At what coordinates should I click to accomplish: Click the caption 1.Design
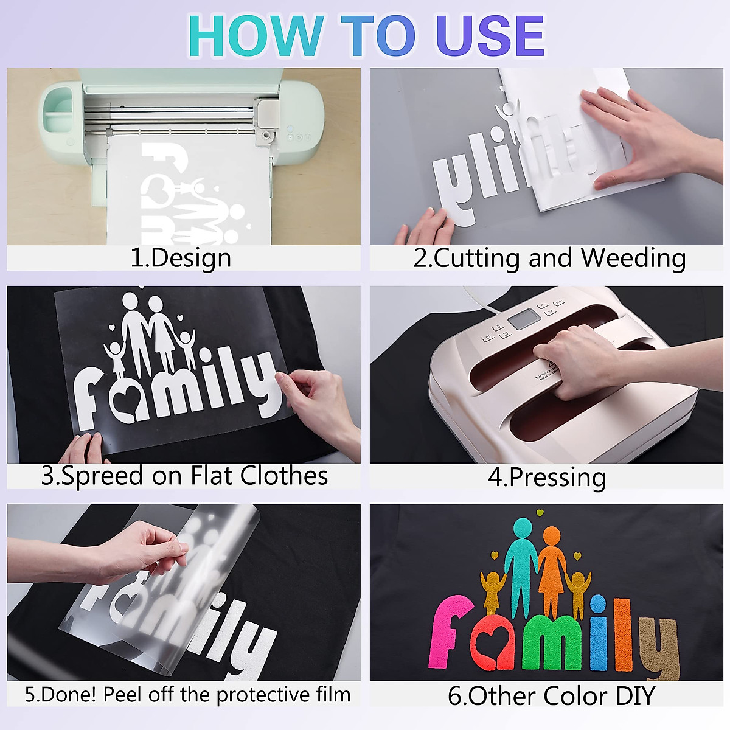point(181,258)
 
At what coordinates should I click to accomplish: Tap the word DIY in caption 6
point(635,695)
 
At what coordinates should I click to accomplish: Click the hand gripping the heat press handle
point(572,359)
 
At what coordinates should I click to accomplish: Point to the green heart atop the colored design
point(539,513)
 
